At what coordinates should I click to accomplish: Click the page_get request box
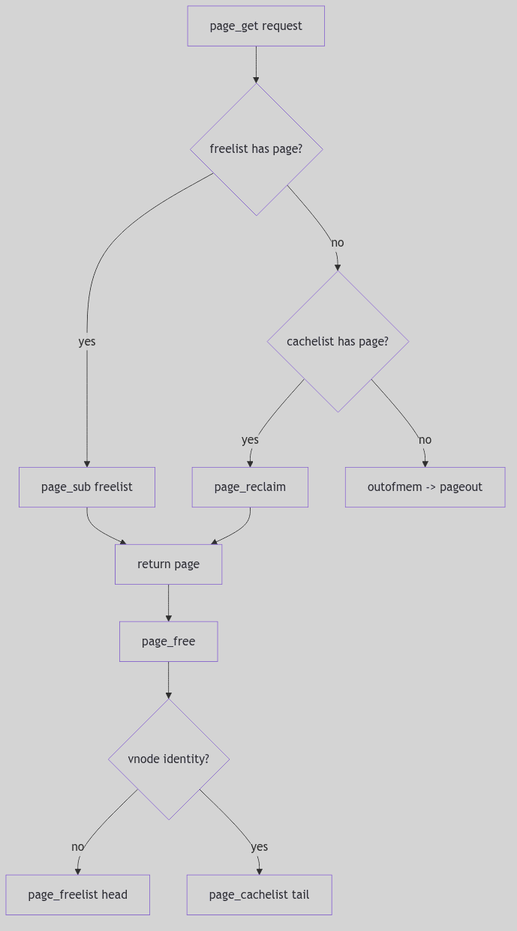tap(256, 26)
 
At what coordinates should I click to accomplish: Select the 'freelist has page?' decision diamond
tap(256, 149)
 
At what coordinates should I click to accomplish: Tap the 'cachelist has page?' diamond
tap(338, 341)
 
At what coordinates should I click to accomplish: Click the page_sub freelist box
tap(87, 487)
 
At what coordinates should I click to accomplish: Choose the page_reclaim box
tap(250, 487)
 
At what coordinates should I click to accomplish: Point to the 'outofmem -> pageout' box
tap(425, 487)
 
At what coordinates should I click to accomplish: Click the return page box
tap(168, 564)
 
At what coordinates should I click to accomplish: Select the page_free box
tap(168, 642)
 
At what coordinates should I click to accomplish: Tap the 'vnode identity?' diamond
tap(168, 759)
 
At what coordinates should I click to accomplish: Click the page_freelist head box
tap(77, 895)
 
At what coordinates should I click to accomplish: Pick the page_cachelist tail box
tap(259, 895)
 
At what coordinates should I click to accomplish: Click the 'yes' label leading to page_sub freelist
tap(87, 342)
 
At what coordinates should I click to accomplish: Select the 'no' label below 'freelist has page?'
tap(338, 243)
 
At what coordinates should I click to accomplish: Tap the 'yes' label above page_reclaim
tap(250, 440)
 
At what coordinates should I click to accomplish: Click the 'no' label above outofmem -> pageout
tap(425, 440)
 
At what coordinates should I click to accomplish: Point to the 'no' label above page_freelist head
tap(77, 847)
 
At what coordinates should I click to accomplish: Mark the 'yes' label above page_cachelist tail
tap(259, 847)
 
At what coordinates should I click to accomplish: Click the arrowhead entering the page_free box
tap(168, 618)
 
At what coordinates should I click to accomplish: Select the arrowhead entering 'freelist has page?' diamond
tap(256, 79)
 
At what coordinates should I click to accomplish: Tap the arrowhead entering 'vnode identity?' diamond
tap(168, 695)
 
